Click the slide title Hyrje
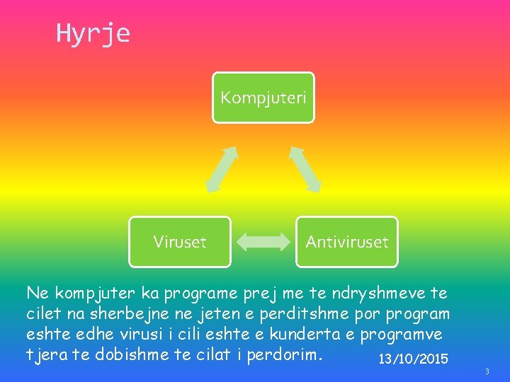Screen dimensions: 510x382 93,33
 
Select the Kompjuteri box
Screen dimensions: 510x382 263,97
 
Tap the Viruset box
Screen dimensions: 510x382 180,242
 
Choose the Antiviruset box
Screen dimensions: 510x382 346,242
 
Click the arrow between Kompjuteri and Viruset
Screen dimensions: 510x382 222,169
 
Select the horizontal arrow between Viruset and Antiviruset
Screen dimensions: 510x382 263,242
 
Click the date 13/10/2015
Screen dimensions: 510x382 413,359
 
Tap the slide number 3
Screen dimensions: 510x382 487,371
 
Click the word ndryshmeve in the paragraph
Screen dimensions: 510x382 382,293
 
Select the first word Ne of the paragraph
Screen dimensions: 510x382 35,293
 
